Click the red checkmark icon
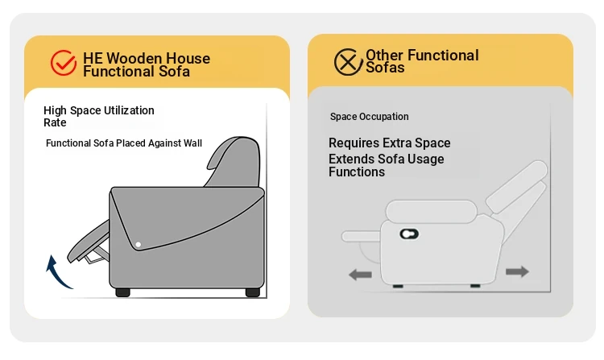pyautogui.click(x=63, y=62)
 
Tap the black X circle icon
pyautogui.click(x=348, y=61)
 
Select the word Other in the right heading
pyautogui.click(x=384, y=55)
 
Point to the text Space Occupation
pyautogui.click(x=369, y=117)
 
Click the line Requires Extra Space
pyautogui.click(x=389, y=143)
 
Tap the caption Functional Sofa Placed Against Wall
pyautogui.click(x=124, y=143)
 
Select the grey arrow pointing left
pyautogui.click(x=360, y=275)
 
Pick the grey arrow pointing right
pyautogui.click(x=517, y=271)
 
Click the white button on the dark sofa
pyautogui.click(x=139, y=245)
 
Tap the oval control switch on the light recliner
pyautogui.click(x=409, y=234)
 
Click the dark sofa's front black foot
pyautogui.click(x=123, y=292)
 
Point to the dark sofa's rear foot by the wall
pyautogui.click(x=253, y=292)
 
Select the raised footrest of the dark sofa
pyautogui.click(x=89, y=242)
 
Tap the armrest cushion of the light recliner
pyautogui.click(x=432, y=211)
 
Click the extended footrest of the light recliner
pyautogui.click(x=361, y=236)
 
